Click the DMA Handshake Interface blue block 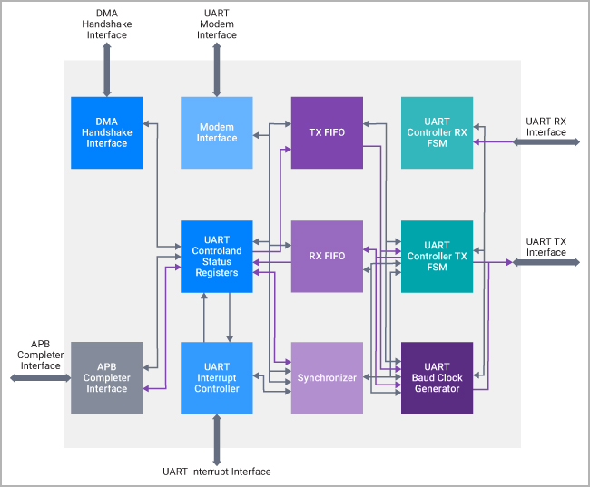tap(107, 132)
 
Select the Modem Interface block tap(216, 132)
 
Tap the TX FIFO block tap(327, 132)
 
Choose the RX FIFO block tap(327, 256)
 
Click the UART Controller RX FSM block tap(437, 132)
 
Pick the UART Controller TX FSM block tap(437, 256)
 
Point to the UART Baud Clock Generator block tap(437, 377)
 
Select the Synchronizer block tap(327, 377)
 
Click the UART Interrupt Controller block tap(216, 377)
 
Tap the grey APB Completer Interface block tap(107, 377)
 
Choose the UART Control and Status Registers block tap(216, 256)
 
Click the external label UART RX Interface tap(546, 126)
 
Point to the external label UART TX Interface tap(546, 246)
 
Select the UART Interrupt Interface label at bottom tap(216, 472)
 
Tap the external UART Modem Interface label tap(216, 24)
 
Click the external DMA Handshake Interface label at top tap(107, 24)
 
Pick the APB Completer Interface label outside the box tap(39, 355)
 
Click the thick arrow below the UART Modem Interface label tap(216, 69)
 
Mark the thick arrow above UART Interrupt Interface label tap(216, 440)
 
